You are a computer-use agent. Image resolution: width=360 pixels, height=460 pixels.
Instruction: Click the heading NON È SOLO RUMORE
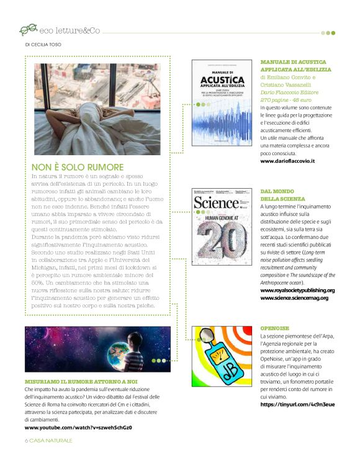click(x=78, y=167)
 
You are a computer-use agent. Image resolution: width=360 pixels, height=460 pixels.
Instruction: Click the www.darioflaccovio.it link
click(x=287, y=161)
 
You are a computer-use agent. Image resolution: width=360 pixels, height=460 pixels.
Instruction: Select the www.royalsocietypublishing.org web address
click(x=297, y=290)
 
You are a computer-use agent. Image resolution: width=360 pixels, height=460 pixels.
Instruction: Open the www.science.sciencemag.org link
click(x=294, y=298)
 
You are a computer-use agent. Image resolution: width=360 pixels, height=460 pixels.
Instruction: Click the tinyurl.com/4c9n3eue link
click(x=297, y=404)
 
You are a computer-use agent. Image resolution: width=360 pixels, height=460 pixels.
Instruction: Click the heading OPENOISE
click(x=276, y=327)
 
